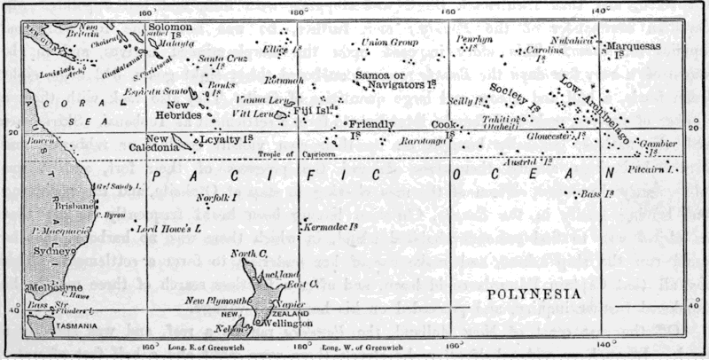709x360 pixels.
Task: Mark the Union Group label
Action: click(390, 42)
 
